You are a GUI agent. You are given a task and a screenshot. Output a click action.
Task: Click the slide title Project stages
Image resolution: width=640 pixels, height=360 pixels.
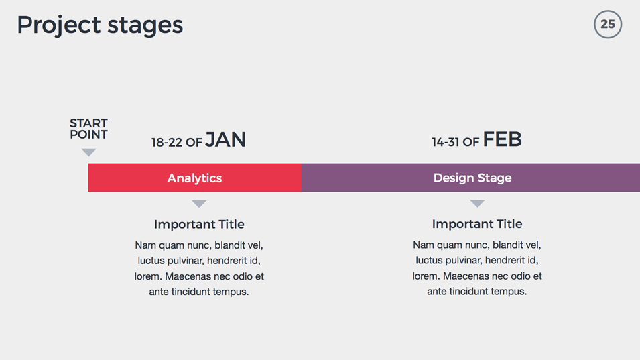(100, 25)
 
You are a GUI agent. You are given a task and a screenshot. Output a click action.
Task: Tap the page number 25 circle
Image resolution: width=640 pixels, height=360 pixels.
(608, 25)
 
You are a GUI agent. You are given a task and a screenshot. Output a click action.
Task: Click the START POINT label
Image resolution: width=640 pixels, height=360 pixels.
(88, 129)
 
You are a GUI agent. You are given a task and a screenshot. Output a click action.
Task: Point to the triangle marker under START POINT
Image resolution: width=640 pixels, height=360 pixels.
(88, 152)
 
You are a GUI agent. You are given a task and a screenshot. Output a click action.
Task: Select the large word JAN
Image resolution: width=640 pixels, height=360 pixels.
(225, 140)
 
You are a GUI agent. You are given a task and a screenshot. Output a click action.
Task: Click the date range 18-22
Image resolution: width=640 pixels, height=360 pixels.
(166, 142)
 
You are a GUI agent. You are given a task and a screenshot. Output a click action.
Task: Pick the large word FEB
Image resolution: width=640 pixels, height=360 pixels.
(502, 139)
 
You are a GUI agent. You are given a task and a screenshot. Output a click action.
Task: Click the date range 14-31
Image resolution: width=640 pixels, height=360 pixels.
(445, 142)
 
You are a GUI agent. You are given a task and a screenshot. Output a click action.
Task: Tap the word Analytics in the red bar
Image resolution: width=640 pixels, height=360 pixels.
(194, 178)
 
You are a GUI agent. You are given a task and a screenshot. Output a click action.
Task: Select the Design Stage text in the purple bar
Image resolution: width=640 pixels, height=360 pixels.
(472, 178)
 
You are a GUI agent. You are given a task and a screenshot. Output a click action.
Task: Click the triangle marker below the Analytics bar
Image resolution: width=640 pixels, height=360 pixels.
(199, 204)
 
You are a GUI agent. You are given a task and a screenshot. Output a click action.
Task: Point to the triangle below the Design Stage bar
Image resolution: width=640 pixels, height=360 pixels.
(477, 204)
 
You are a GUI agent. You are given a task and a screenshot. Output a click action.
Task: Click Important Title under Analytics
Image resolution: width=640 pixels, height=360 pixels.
(199, 224)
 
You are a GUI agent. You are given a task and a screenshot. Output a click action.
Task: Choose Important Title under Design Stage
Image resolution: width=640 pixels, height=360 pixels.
(477, 224)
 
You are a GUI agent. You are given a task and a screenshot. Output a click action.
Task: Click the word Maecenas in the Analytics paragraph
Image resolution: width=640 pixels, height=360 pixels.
(188, 276)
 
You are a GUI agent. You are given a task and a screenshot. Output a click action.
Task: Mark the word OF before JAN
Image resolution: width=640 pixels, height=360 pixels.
(194, 142)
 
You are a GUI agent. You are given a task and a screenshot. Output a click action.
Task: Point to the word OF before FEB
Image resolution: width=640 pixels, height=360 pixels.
(471, 142)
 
